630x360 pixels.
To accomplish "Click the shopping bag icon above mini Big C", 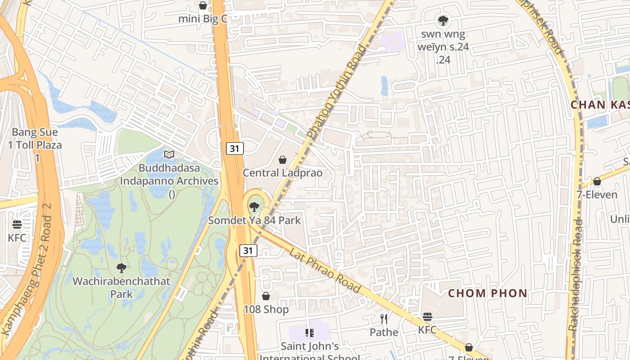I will pyautogui.click(x=203, y=5).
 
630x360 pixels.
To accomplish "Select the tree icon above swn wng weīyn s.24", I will pyautogui.click(x=443, y=20).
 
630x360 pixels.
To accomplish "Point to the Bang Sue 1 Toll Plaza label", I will pyautogui.click(x=35, y=145).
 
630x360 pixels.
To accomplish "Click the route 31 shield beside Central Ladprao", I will pyautogui.click(x=234, y=148).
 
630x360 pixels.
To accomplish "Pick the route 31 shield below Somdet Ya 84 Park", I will pyautogui.click(x=248, y=251).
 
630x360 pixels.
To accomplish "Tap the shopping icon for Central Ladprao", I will pyautogui.click(x=283, y=160).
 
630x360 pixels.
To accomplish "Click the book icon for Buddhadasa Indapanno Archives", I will pyautogui.click(x=169, y=155).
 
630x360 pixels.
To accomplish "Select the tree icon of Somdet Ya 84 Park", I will pyautogui.click(x=254, y=207).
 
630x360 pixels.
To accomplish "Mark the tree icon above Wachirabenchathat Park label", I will pyautogui.click(x=121, y=268).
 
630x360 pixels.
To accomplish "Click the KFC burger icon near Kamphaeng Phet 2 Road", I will pyautogui.click(x=17, y=225).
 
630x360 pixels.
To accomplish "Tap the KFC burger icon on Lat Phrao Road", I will pyautogui.click(x=427, y=317).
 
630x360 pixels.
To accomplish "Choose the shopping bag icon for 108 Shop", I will pyautogui.click(x=266, y=296).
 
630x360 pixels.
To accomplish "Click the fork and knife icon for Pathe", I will pyautogui.click(x=384, y=319).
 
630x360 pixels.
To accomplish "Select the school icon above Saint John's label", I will pyautogui.click(x=309, y=333).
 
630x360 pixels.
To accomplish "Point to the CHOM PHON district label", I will pyautogui.click(x=487, y=293).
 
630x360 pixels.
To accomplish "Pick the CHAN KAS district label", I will pyautogui.click(x=600, y=105).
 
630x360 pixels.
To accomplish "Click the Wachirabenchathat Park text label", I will pyautogui.click(x=121, y=288).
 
